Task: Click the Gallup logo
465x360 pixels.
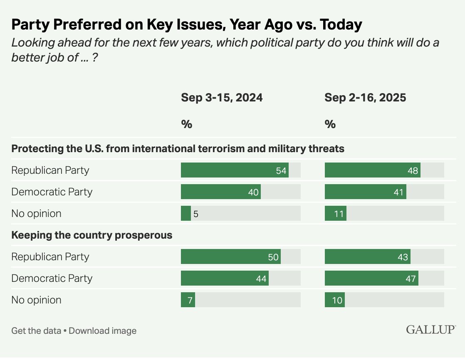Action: (430, 330)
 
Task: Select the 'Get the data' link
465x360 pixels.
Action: (36, 331)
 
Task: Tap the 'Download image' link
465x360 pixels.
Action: (103, 331)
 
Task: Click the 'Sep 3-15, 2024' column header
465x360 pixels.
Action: (222, 98)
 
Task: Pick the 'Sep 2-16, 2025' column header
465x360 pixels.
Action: (365, 98)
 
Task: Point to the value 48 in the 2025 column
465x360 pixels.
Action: (413, 170)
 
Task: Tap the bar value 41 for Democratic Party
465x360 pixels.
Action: (398, 192)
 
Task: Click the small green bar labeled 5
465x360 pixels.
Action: (186, 214)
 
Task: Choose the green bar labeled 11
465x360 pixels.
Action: (335, 214)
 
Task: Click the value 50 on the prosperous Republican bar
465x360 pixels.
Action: (273, 257)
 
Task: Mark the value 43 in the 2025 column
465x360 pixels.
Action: (403, 257)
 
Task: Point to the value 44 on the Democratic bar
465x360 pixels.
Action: (261, 279)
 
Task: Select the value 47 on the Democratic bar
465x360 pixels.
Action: (411, 279)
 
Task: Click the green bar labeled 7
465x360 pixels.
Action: (188, 300)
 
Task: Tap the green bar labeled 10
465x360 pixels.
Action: (334, 300)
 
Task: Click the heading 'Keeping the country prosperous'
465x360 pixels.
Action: (92, 235)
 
